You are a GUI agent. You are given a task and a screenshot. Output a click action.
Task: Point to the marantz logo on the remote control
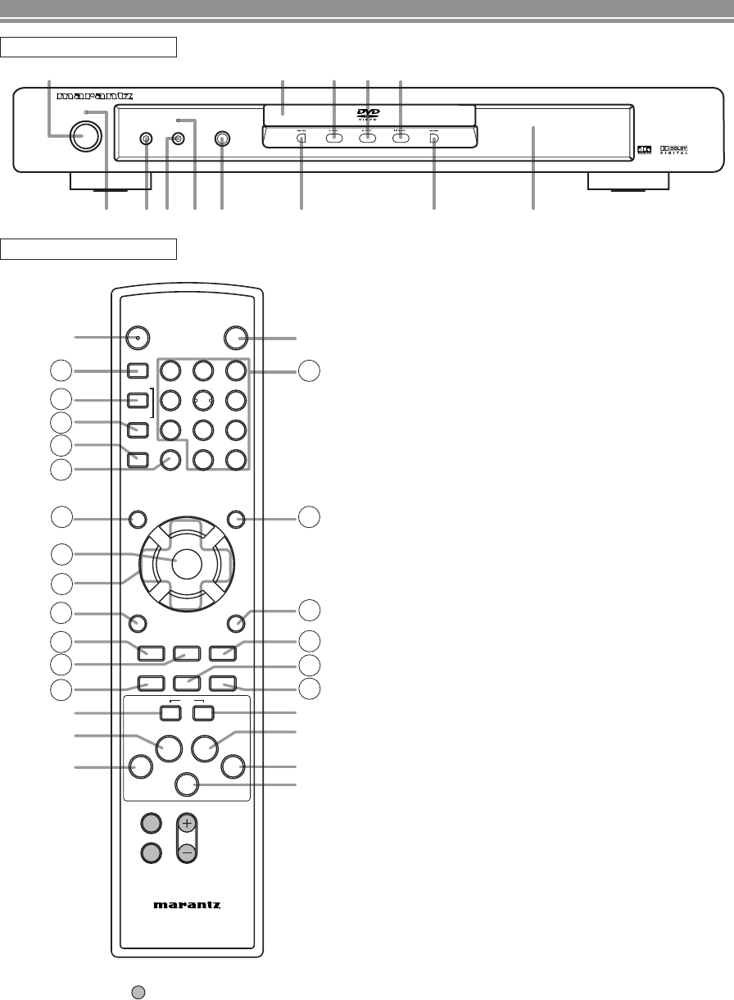click(188, 906)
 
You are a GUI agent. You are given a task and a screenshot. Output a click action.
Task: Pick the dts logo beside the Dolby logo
click(646, 150)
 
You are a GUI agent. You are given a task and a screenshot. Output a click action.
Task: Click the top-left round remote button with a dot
click(138, 337)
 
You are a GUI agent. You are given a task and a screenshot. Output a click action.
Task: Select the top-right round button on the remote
click(237, 337)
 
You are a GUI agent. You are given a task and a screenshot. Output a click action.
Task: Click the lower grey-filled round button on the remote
click(149, 853)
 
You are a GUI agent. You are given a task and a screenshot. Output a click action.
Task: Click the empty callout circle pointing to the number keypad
click(310, 371)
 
